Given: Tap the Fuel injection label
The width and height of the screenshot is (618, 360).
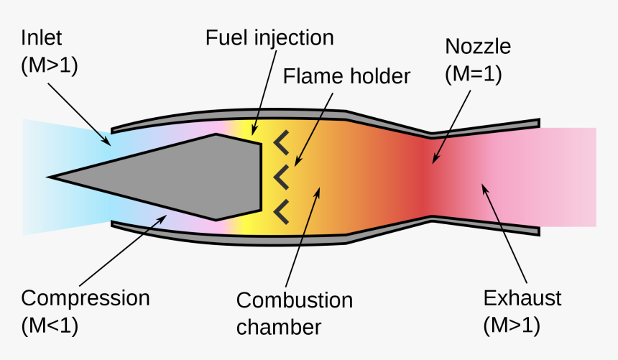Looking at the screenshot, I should coord(269,37).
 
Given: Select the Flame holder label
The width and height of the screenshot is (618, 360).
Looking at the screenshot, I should coord(346,75).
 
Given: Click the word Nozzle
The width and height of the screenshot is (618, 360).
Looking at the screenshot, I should coord(478,47).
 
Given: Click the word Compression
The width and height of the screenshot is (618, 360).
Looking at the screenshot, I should coord(86,298).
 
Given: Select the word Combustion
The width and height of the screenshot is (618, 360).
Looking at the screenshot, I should coord(295,300).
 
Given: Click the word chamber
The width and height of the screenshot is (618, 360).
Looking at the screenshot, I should coord(280,327).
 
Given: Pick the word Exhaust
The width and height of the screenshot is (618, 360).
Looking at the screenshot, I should coord(522,298).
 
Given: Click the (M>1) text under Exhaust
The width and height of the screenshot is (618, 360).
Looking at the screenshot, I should coord(511,325).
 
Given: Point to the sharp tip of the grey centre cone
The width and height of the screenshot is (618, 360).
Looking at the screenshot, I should coord(50,175).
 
